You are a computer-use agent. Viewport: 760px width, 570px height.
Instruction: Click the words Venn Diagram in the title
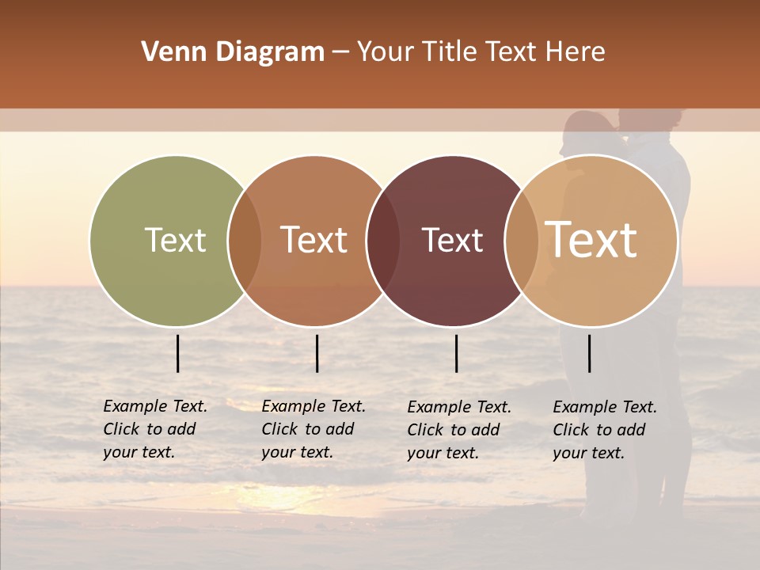click(233, 52)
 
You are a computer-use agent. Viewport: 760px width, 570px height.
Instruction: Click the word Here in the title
click(576, 52)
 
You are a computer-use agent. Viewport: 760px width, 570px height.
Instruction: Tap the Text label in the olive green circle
click(176, 240)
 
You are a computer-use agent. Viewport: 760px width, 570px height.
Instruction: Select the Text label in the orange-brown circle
click(314, 240)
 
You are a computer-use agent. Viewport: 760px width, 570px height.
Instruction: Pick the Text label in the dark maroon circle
click(453, 240)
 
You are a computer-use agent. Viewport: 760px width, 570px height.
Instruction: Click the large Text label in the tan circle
click(591, 239)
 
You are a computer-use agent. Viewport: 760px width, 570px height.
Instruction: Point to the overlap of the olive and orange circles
click(245, 241)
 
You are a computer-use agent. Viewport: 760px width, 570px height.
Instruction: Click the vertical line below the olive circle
click(178, 353)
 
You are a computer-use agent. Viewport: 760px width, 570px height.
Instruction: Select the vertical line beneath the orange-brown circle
click(317, 353)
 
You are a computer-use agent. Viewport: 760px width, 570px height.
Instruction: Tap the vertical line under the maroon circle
click(456, 353)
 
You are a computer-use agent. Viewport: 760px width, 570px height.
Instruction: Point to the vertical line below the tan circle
click(590, 353)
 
